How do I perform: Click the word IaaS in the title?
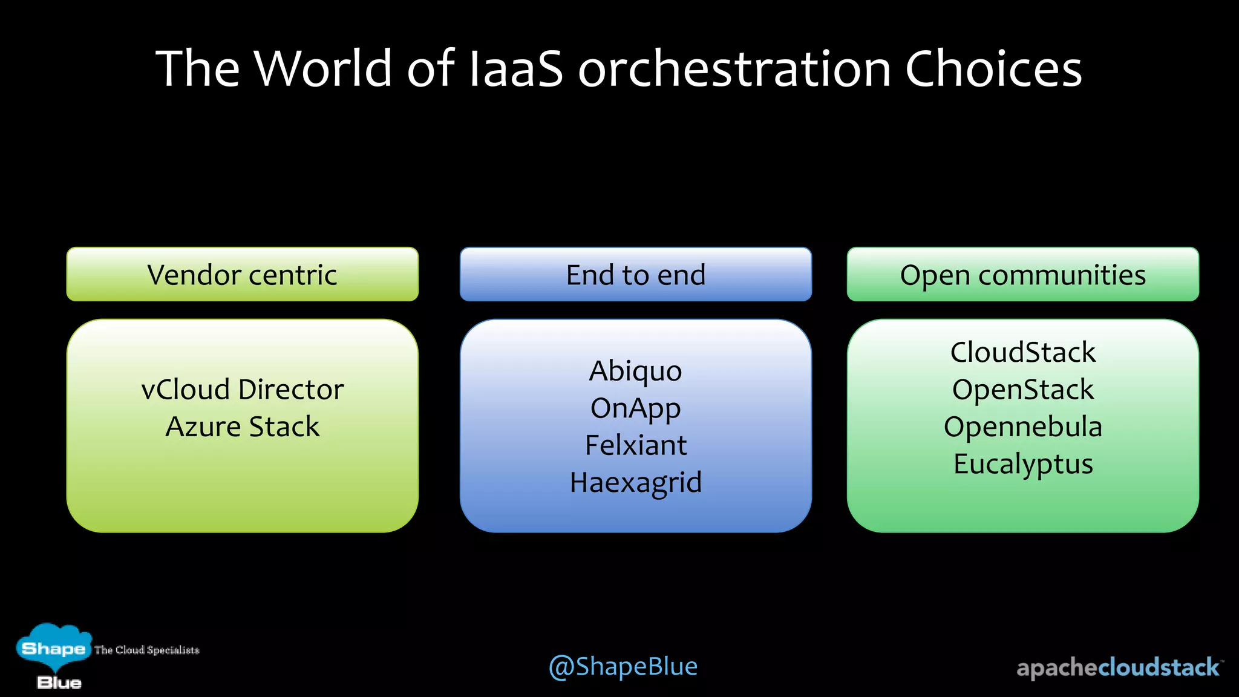pyautogui.click(x=516, y=68)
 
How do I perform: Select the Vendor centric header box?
pyautogui.click(x=242, y=275)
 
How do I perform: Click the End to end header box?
pyautogui.click(x=635, y=275)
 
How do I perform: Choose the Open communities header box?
pyautogui.click(x=1022, y=275)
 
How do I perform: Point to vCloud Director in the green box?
pyautogui.click(x=242, y=390)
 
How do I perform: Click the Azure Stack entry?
pyautogui.click(x=242, y=427)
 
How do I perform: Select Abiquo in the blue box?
pyautogui.click(x=635, y=371)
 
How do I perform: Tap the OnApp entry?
pyautogui.click(x=635, y=408)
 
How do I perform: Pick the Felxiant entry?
pyautogui.click(x=635, y=445)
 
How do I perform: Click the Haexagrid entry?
pyautogui.click(x=635, y=483)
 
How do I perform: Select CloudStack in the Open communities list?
pyautogui.click(x=1022, y=352)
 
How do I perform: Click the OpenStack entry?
pyautogui.click(x=1022, y=390)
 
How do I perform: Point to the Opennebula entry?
pyautogui.click(x=1022, y=427)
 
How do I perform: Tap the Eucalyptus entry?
pyautogui.click(x=1022, y=464)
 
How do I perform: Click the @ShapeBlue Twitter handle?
pyautogui.click(x=623, y=667)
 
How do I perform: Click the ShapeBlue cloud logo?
pyautogui.click(x=53, y=653)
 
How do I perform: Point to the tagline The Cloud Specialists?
pyautogui.click(x=146, y=650)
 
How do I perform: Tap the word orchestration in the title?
pyautogui.click(x=734, y=68)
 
